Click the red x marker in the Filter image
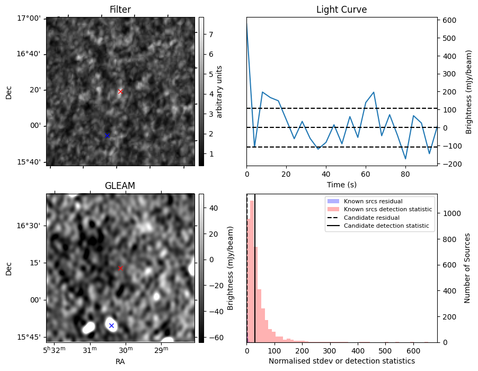tap(120, 91)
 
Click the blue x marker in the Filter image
tap(107, 135)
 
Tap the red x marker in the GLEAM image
tap(120, 268)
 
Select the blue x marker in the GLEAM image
tap(111, 325)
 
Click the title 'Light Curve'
tap(341, 10)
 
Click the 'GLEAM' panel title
tap(120, 186)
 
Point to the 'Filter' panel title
tap(120, 10)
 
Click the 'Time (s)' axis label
tap(341, 184)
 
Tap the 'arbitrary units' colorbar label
tap(219, 92)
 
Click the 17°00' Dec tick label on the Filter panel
tap(30, 18)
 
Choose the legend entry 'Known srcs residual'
tap(373, 201)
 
